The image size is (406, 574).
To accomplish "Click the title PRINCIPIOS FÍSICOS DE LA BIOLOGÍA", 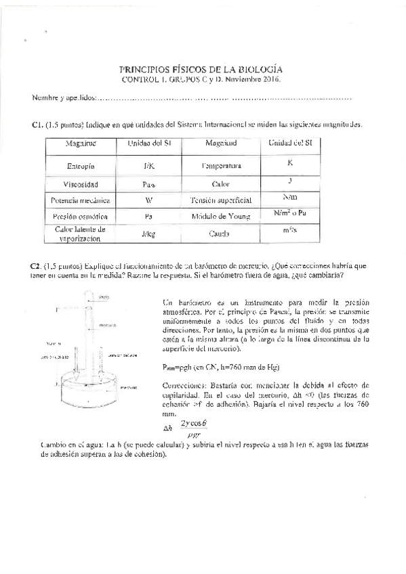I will (x=201, y=69).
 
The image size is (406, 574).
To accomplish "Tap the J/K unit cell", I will (x=149, y=166).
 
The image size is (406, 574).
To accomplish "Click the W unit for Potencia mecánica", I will (x=149, y=200).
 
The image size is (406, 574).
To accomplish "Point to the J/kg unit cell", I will (x=149, y=234).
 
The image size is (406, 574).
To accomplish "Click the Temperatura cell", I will (x=221, y=166).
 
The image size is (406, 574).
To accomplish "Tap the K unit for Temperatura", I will (x=290, y=163).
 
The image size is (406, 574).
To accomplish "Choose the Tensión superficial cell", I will (x=221, y=200).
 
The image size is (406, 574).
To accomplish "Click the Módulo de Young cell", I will (x=221, y=217).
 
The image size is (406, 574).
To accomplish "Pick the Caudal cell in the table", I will (x=221, y=234).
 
